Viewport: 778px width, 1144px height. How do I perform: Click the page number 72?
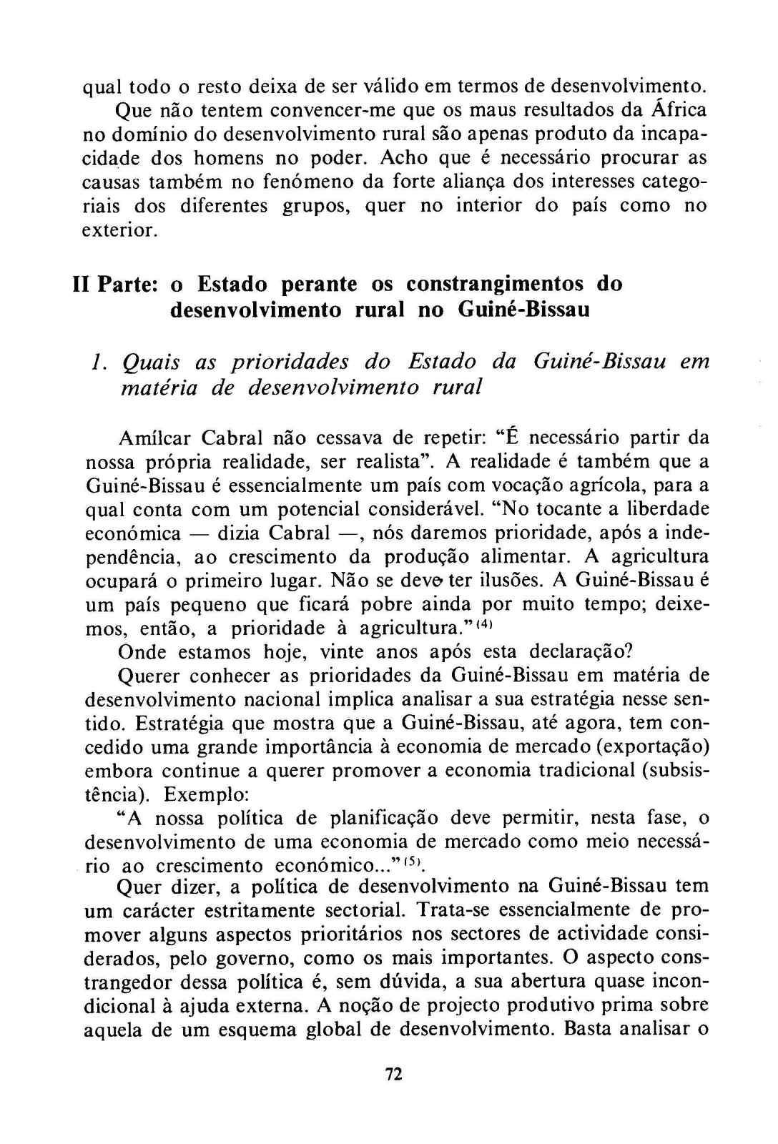[x=393, y=1073]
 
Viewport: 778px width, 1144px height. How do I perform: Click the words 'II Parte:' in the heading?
[x=117, y=284]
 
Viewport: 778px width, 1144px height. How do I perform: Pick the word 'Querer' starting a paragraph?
[x=149, y=675]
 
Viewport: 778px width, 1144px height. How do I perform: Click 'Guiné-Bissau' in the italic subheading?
[x=599, y=361]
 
